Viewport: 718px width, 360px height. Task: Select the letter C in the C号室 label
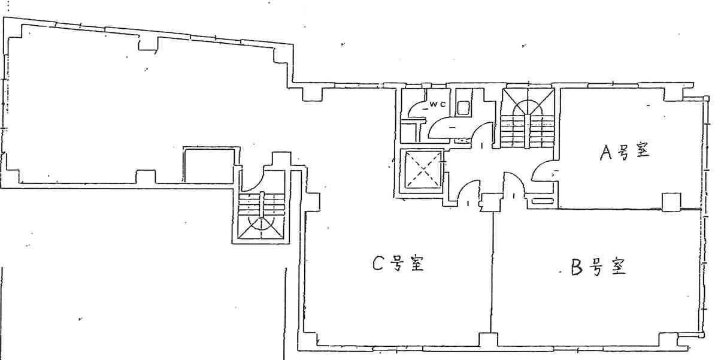pos(377,264)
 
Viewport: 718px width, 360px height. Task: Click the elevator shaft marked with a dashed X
pos(421,170)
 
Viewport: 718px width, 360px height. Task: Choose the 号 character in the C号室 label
pos(396,264)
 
